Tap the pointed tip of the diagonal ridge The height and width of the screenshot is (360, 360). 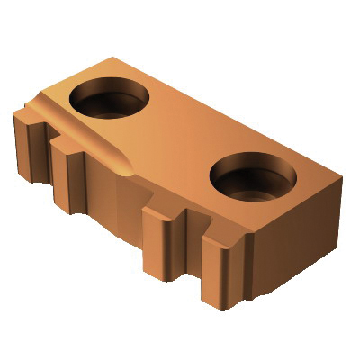pos(127,169)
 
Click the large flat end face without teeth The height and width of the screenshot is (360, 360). pos(288,243)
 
